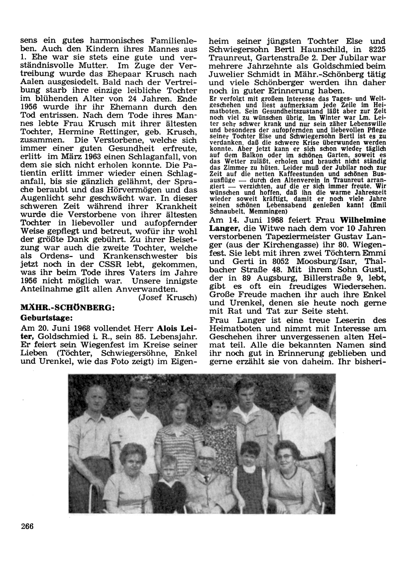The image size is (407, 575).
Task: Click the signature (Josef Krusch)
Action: [168, 297]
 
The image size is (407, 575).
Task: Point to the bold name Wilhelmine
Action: [363, 219]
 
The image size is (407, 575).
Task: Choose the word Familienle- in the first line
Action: [174, 41]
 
